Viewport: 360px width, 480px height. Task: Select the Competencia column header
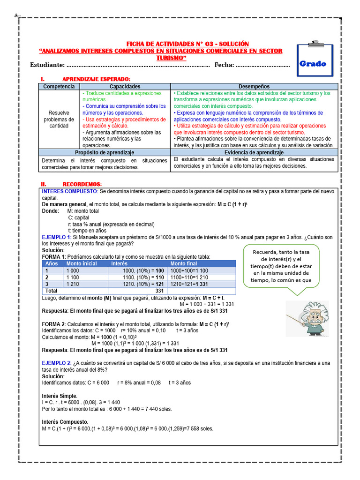point(59,87)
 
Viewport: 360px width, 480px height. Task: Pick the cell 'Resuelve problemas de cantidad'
point(59,119)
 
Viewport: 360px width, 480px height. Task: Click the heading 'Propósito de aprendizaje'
point(105,153)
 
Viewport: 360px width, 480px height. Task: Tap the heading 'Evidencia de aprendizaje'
point(254,153)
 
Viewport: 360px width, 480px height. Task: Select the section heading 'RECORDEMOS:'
point(82,184)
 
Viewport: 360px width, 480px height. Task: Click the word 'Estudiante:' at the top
point(47,65)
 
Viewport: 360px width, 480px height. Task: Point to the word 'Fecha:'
point(224,65)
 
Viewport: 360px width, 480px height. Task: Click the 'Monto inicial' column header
point(82,264)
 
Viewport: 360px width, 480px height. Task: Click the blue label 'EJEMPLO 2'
point(56,363)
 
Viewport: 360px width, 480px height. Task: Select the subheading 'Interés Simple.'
point(60,396)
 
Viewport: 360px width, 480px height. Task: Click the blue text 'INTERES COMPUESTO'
point(69,192)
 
